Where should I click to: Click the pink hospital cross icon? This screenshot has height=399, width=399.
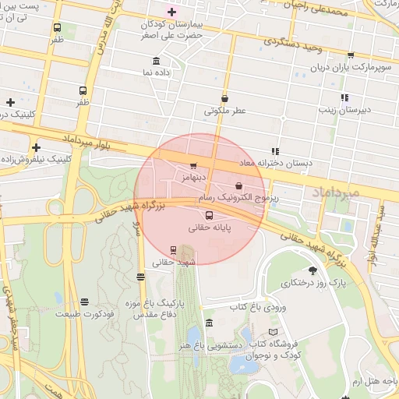tap(172, 12)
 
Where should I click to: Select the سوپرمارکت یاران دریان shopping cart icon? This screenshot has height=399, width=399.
tap(351, 55)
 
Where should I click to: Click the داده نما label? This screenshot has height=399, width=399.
tap(157, 72)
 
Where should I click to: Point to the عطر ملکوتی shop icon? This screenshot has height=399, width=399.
tap(225, 99)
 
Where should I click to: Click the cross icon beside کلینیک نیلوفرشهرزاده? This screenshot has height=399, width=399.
tap(36, 147)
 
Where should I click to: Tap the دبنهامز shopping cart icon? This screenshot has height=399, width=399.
tap(193, 166)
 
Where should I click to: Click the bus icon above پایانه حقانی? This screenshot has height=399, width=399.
tap(209, 216)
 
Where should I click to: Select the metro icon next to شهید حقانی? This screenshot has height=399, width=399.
tap(173, 250)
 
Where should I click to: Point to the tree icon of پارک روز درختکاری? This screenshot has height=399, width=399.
tap(312, 270)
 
